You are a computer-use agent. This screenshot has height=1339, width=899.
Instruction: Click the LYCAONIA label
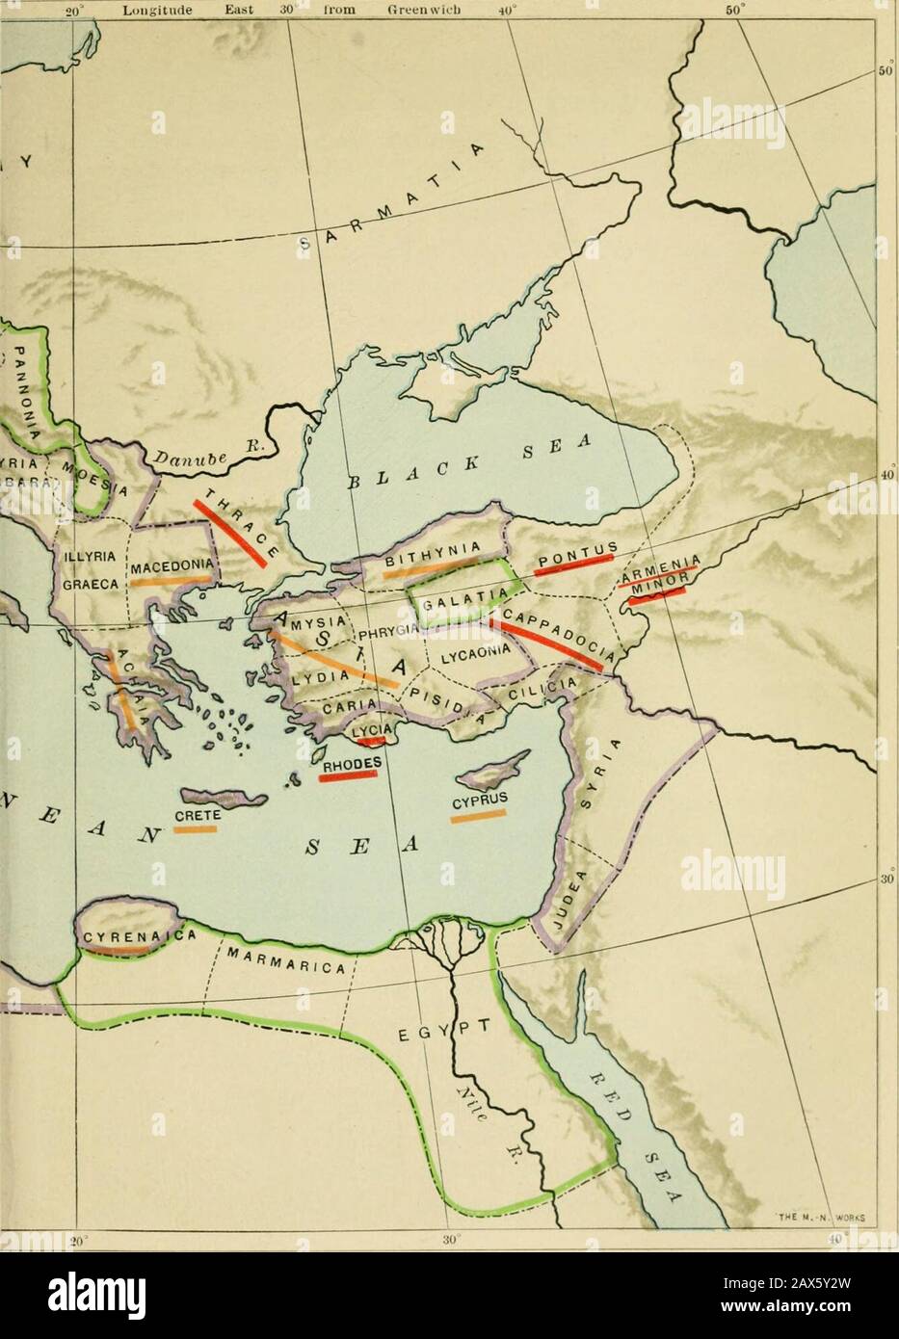click(x=474, y=655)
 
